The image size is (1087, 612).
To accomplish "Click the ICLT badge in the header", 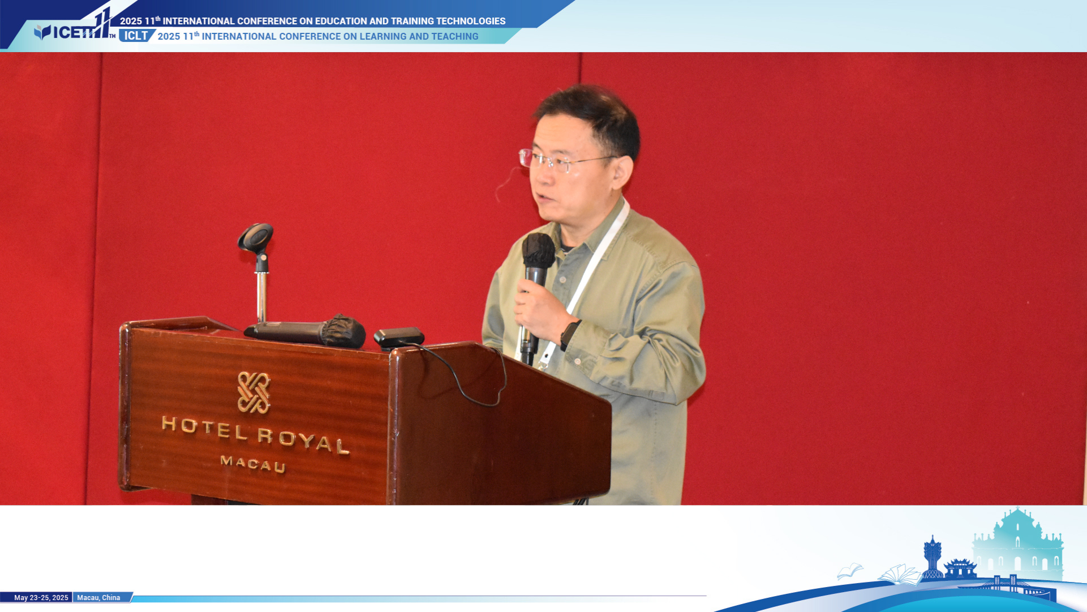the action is (136, 36).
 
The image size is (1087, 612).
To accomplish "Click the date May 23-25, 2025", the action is (41, 598).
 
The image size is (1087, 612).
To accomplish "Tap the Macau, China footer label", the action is (98, 598).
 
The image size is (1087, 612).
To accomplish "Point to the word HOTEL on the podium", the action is (205, 428).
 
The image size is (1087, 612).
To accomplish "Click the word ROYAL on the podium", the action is (303, 440).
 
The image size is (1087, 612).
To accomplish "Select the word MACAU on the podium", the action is (253, 464).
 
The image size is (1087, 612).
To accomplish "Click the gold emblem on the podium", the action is (254, 392).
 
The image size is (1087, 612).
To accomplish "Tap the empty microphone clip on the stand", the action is (256, 238).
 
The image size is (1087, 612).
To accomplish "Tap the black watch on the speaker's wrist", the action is (569, 335).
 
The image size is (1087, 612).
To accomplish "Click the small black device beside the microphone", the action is (398, 337).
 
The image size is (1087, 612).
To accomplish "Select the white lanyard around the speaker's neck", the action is (583, 283).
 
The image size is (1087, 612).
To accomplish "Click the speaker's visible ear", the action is (622, 173).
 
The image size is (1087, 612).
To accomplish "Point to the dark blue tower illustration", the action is (932, 557).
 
